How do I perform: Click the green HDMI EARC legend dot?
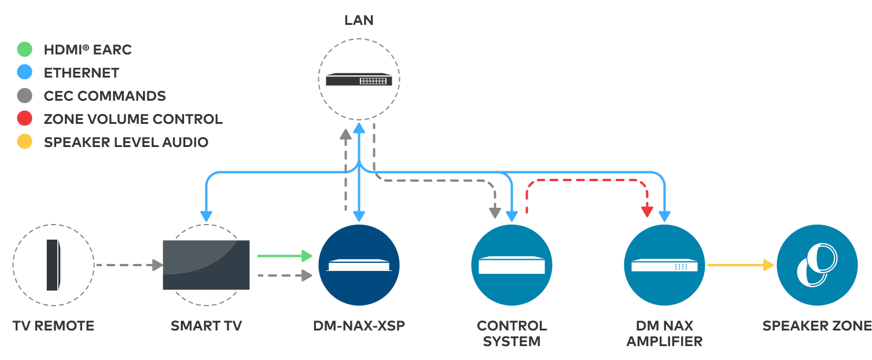pyautogui.click(x=24, y=50)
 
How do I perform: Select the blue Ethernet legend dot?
pyautogui.click(x=24, y=73)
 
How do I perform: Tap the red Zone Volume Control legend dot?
pyautogui.click(x=24, y=119)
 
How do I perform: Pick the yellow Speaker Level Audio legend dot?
pyautogui.click(x=24, y=142)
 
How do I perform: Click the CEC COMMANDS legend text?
pyautogui.click(x=105, y=96)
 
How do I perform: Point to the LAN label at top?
pyautogui.click(x=359, y=20)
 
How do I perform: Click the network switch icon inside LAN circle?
pyautogui.click(x=359, y=79)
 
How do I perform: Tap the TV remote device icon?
pyautogui.click(x=53, y=265)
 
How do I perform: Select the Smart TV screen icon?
pyautogui.click(x=206, y=265)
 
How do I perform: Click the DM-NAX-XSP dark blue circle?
pyautogui.click(x=359, y=265)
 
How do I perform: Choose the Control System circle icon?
pyautogui.click(x=512, y=265)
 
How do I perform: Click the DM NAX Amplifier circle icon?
pyautogui.click(x=664, y=265)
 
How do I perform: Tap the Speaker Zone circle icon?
pyautogui.click(x=816, y=265)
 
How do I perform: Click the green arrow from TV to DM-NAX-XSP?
pyautogui.click(x=284, y=255)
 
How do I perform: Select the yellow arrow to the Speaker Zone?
pyautogui.click(x=741, y=265)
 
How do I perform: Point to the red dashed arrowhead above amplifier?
pyautogui.click(x=647, y=212)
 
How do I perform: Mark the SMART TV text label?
pyautogui.click(x=206, y=326)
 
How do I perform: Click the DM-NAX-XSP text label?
pyautogui.click(x=359, y=326)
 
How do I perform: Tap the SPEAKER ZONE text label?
pyautogui.click(x=816, y=326)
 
